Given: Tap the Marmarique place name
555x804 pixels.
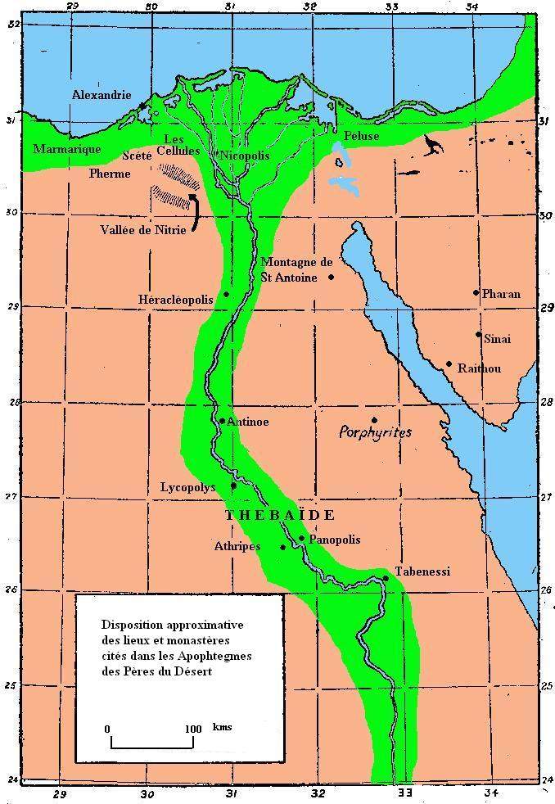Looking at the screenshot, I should pos(67,149).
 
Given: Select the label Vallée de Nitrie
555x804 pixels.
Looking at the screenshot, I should pos(144,230).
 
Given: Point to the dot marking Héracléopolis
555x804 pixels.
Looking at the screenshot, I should pos(226,294).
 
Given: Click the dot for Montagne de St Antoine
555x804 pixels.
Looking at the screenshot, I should pos(331,277).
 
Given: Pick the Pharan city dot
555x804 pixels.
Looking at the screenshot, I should pos(476,292).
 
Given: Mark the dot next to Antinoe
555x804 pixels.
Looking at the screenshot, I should pos(222,421).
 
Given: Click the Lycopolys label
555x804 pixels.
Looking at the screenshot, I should pos(187,487).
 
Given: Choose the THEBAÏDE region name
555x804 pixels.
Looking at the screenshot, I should pos(279,515).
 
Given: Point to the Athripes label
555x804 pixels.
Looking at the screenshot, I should pos(237,546).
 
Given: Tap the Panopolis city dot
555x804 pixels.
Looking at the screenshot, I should pos(302,538).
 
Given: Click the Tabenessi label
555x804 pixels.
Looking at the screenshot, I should pos(422,571).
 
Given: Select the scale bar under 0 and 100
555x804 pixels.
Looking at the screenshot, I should pos(152,743).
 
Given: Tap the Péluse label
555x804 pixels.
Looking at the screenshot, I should pos(362,135).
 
